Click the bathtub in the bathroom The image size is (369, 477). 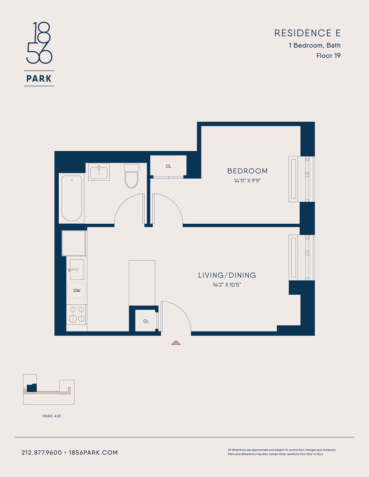pyautogui.click(x=72, y=198)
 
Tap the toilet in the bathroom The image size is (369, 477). pyautogui.click(x=132, y=176)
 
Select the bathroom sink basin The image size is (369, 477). pyautogui.click(x=99, y=172)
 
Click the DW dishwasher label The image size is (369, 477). pyautogui.click(x=77, y=290)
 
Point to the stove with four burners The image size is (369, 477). pyautogui.click(x=76, y=314)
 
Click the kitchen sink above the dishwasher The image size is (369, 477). pyautogui.click(x=77, y=270)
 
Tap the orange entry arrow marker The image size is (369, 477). pyautogui.click(x=176, y=343)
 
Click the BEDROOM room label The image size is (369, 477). pyautogui.click(x=248, y=171)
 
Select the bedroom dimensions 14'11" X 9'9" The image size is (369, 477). pyautogui.click(x=248, y=181)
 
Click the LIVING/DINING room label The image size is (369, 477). pyautogui.click(x=227, y=275)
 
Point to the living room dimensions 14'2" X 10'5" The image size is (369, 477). pyautogui.click(x=227, y=285)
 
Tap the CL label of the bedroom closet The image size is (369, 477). pyautogui.click(x=169, y=166)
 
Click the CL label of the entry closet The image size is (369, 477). pyautogui.click(x=146, y=321)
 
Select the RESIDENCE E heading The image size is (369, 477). pyautogui.click(x=307, y=33)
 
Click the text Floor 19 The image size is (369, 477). pyautogui.click(x=328, y=56)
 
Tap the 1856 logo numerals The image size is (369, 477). pyautogui.click(x=39, y=42)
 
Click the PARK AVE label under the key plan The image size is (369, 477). pyautogui.click(x=52, y=416)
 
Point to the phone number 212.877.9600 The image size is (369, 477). pyautogui.click(x=42, y=453)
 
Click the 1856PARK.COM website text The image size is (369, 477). pyautogui.click(x=93, y=453)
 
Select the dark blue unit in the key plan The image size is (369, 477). pyautogui.click(x=32, y=388)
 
